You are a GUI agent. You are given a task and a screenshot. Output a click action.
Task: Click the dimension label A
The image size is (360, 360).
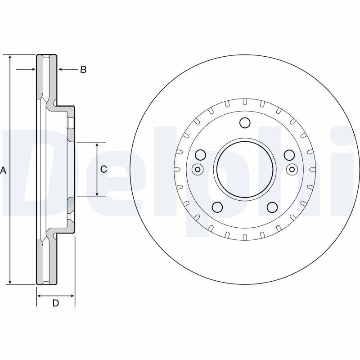4,170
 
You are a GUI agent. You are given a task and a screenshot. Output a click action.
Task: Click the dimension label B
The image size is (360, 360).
83,69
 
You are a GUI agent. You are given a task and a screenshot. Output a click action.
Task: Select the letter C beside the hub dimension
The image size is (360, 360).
103,169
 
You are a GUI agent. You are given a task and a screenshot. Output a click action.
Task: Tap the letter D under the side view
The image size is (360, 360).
55,303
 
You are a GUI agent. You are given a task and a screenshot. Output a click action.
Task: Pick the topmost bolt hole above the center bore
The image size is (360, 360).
245,123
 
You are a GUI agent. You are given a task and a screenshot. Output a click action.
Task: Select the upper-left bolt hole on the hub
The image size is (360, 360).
201,155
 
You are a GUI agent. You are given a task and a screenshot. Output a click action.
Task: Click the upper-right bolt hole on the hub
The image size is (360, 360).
289,155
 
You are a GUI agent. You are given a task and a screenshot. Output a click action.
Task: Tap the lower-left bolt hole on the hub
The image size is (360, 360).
217,207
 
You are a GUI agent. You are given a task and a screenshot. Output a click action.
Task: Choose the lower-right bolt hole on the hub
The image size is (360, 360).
272,207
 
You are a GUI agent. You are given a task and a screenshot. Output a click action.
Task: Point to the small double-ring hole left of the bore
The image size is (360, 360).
197,170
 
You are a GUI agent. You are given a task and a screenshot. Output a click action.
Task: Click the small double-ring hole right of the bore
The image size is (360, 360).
292,170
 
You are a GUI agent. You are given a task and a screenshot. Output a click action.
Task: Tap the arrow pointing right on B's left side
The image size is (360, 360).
33,69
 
